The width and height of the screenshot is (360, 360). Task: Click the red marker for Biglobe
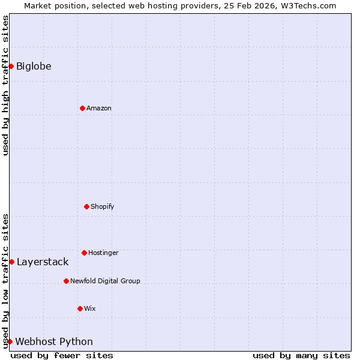(11, 66)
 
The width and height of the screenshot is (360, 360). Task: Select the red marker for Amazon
(82, 108)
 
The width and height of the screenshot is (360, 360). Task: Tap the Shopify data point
(86, 206)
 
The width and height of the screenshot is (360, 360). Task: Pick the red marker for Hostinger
(84, 253)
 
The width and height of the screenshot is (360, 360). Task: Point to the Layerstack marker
(11, 262)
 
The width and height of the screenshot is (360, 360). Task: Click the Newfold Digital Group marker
(66, 281)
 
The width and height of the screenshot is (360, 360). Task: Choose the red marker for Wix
(80, 308)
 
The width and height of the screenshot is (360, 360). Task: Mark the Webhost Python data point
(10, 341)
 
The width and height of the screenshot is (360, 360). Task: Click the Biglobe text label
(34, 66)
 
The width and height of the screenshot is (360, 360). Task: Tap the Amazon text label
(99, 108)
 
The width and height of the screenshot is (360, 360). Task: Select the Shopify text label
(103, 206)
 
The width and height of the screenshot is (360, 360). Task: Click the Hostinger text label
(103, 253)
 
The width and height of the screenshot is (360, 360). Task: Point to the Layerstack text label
(43, 262)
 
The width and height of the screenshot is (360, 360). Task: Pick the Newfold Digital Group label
(105, 281)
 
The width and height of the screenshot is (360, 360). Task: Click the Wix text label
(90, 308)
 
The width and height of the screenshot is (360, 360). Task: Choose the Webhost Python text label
(54, 341)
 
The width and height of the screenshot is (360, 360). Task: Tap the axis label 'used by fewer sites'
(62, 355)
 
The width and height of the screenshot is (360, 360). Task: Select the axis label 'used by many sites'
(301, 355)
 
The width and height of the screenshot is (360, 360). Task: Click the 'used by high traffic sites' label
(5, 85)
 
